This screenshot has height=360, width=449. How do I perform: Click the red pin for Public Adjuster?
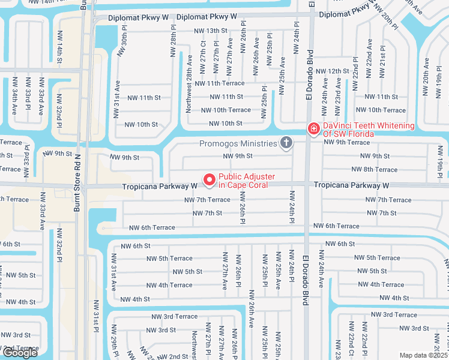pyautogui.click(x=209, y=179)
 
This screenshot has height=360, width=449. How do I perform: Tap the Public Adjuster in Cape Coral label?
pyautogui.click(x=246, y=180)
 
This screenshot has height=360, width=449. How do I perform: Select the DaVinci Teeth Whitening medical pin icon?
pyautogui.click(x=313, y=129)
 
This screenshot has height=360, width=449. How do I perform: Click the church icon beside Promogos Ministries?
pyautogui.click(x=286, y=143)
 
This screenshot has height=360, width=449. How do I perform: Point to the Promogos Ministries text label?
pyautogui.click(x=238, y=143)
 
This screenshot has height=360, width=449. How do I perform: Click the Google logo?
pyautogui.click(x=20, y=352)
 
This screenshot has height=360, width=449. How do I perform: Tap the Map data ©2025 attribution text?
pyautogui.click(x=423, y=355)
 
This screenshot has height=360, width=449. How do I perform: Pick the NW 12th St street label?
pyautogui.click(x=333, y=71)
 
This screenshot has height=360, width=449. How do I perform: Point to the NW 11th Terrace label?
pyautogui.click(x=219, y=83)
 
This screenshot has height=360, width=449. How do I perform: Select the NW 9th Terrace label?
pyautogui.click(x=346, y=142)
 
